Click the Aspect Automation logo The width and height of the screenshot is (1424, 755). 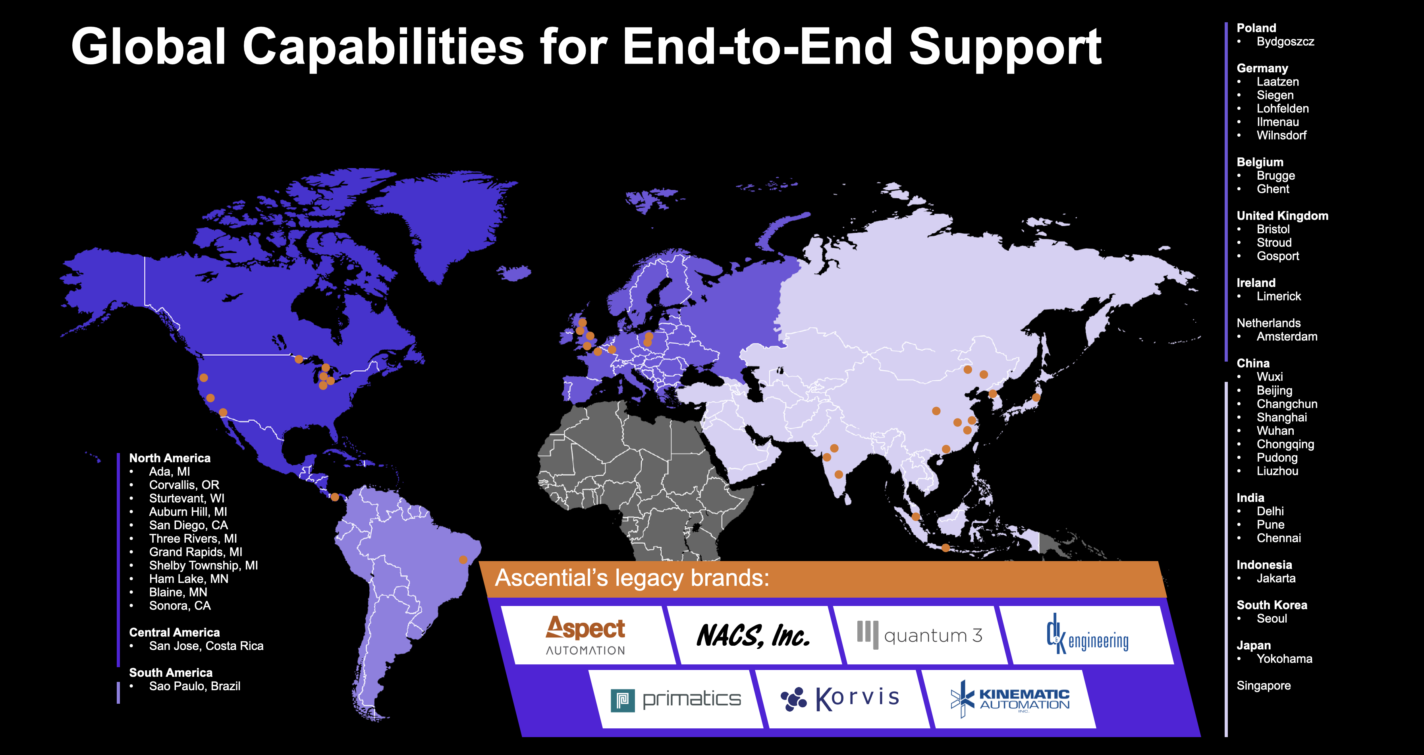tap(585, 635)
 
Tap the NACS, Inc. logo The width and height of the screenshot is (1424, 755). tap(753, 635)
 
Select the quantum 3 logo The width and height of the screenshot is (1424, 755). tap(919, 635)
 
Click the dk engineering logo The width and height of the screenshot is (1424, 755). tap(1087, 635)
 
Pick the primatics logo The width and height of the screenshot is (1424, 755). tap(675, 700)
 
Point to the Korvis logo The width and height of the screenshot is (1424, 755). tap(840, 699)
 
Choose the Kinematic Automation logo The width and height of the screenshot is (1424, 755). tap(1010, 699)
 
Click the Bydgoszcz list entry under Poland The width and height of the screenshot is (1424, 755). tap(1285, 41)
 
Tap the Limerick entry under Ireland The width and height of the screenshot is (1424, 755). tap(1279, 296)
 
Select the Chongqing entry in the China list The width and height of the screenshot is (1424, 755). tap(1285, 444)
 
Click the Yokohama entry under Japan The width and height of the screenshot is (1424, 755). tap(1284, 659)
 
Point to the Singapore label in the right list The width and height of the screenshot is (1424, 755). tap(1264, 686)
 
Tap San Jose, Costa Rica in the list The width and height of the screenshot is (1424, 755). tap(206, 646)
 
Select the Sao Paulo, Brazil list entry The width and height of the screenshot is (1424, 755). tap(195, 686)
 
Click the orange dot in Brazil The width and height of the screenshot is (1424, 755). tap(463, 560)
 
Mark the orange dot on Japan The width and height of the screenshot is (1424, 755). tap(1036, 397)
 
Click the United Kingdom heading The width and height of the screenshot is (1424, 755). tap(1283, 216)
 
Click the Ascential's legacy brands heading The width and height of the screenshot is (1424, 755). tap(632, 578)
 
